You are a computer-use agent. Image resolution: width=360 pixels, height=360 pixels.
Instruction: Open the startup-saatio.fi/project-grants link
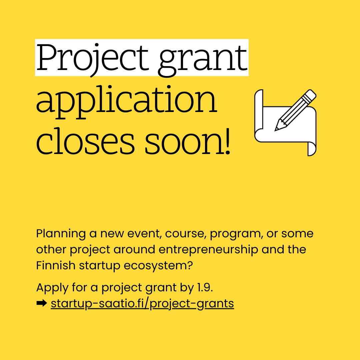[142, 304]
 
